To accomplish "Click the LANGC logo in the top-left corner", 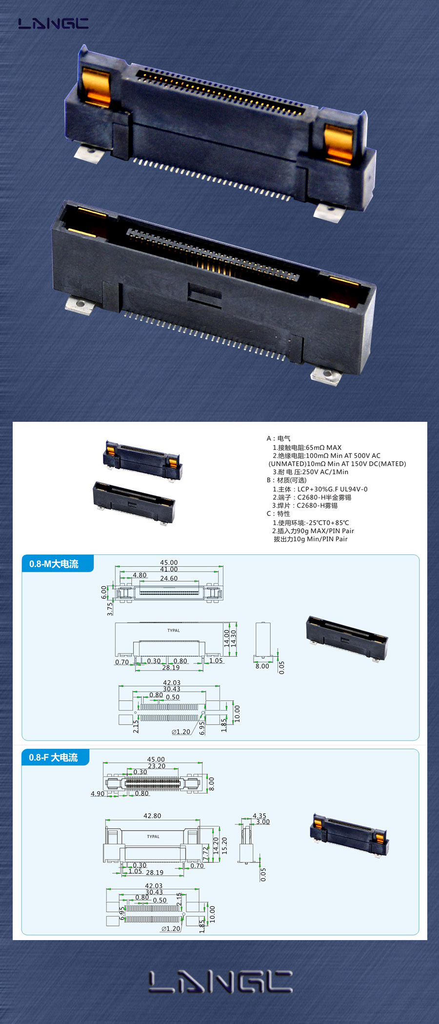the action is pos(53,23).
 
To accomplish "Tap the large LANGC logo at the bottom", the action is pos(220,982).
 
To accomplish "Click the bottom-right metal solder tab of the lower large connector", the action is pos(326,376).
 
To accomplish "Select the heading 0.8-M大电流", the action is pos(54,564).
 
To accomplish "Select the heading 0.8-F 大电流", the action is pos(53,757).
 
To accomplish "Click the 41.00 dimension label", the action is pos(169,569).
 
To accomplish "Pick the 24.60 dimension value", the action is pos(169,578).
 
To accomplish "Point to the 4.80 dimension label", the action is pos(140,575).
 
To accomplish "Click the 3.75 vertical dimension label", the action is pos(110,609).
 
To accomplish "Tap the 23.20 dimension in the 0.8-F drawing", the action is pos(157,766).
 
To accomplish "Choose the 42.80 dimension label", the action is pos(152,816).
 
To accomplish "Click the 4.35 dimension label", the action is pos(259,816).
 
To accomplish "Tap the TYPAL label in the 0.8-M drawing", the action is pos(174,630).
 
